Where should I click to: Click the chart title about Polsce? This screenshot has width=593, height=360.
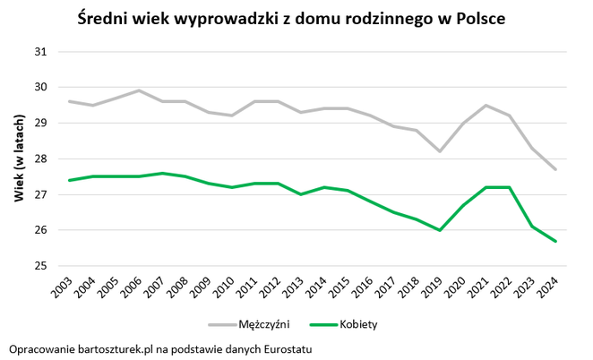[291, 18]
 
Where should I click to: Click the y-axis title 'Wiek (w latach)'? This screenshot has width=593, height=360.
[19, 159]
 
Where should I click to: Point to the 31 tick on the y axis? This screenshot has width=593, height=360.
[40, 52]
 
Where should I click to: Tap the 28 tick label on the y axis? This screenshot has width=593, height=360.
[40, 159]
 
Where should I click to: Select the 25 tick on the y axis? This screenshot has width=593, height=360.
[40, 266]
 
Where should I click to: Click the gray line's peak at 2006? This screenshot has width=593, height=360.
[139, 90]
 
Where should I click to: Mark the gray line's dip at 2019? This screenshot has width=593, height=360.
[438, 151]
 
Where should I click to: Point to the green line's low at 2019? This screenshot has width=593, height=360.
[438, 230]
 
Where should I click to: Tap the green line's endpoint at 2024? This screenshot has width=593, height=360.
[555, 241]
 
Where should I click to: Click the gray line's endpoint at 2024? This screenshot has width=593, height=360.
[555, 169]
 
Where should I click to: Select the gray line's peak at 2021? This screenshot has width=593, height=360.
[485, 106]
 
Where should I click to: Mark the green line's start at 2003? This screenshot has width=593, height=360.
[69, 180]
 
